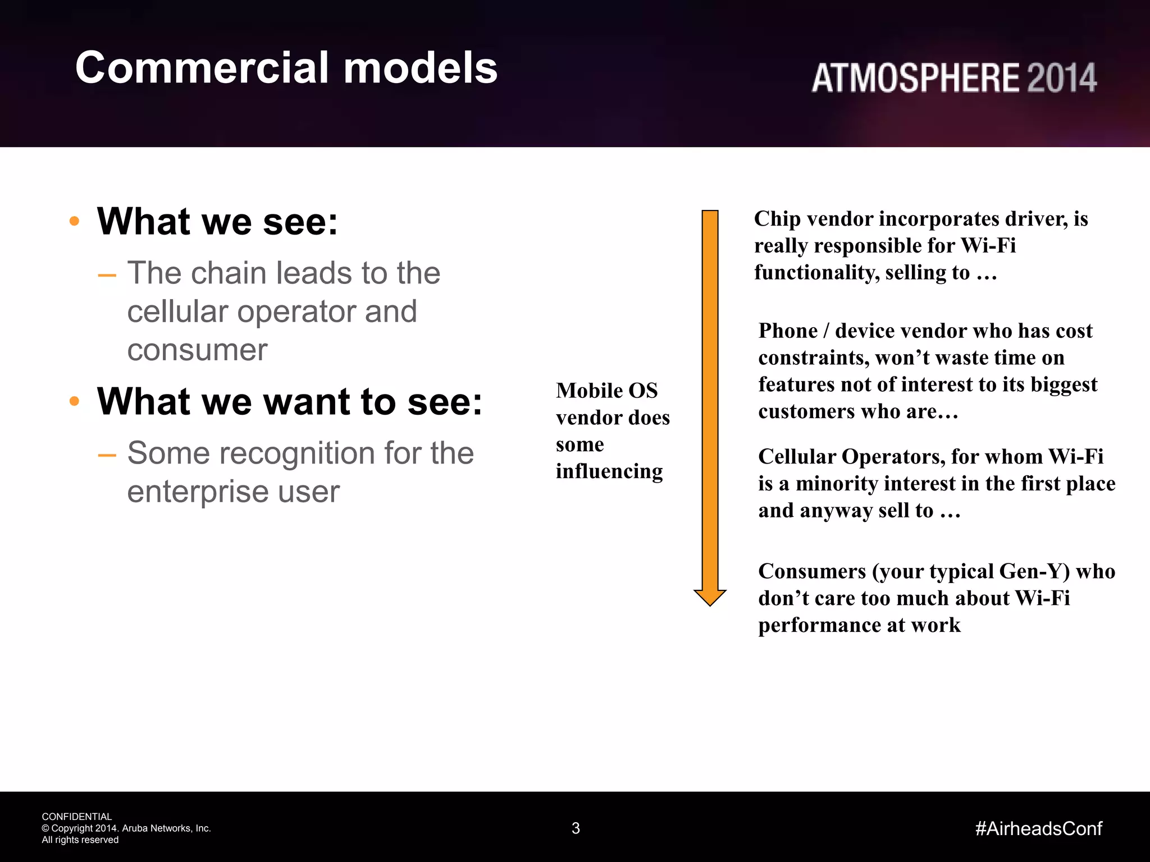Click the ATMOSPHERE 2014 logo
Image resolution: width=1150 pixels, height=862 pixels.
point(953,78)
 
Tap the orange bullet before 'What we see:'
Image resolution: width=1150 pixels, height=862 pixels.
point(74,221)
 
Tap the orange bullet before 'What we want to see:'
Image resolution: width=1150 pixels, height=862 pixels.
point(74,401)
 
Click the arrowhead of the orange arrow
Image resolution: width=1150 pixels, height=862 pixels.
point(710,597)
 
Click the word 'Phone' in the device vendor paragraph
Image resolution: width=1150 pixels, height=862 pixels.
point(787,331)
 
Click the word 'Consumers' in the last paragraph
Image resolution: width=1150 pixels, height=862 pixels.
point(812,571)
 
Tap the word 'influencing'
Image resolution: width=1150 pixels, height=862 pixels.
point(609,471)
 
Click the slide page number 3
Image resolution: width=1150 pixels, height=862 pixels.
point(576,828)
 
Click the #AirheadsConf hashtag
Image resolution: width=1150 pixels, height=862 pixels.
point(1038,828)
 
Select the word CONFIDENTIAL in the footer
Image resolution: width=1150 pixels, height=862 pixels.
point(77,817)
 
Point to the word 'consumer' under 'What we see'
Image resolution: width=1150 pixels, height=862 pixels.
point(197,351)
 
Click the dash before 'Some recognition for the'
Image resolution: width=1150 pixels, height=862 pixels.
point(107,455)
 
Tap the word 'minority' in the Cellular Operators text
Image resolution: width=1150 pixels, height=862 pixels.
point(831,484)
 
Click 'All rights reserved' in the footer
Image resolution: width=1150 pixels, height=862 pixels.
point(80,840)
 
